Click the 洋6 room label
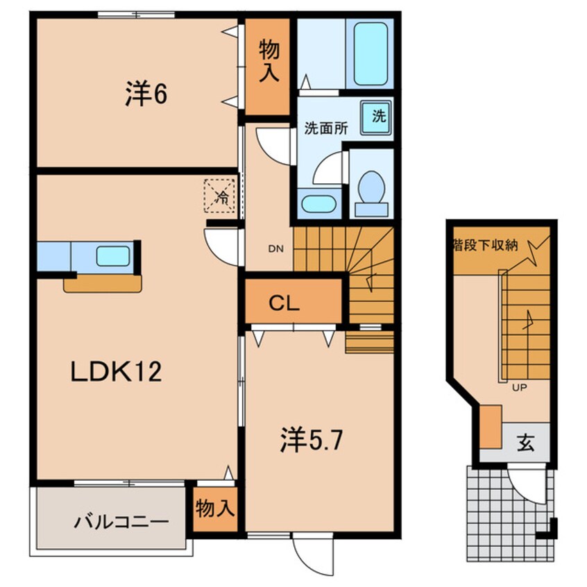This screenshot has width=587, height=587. tap(146, 95)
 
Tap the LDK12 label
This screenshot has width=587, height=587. tap(117, 373)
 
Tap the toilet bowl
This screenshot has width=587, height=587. tap(373, 187)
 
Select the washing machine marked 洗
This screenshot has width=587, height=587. tap(377, 117)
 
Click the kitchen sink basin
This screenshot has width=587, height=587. tap(112, 256)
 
